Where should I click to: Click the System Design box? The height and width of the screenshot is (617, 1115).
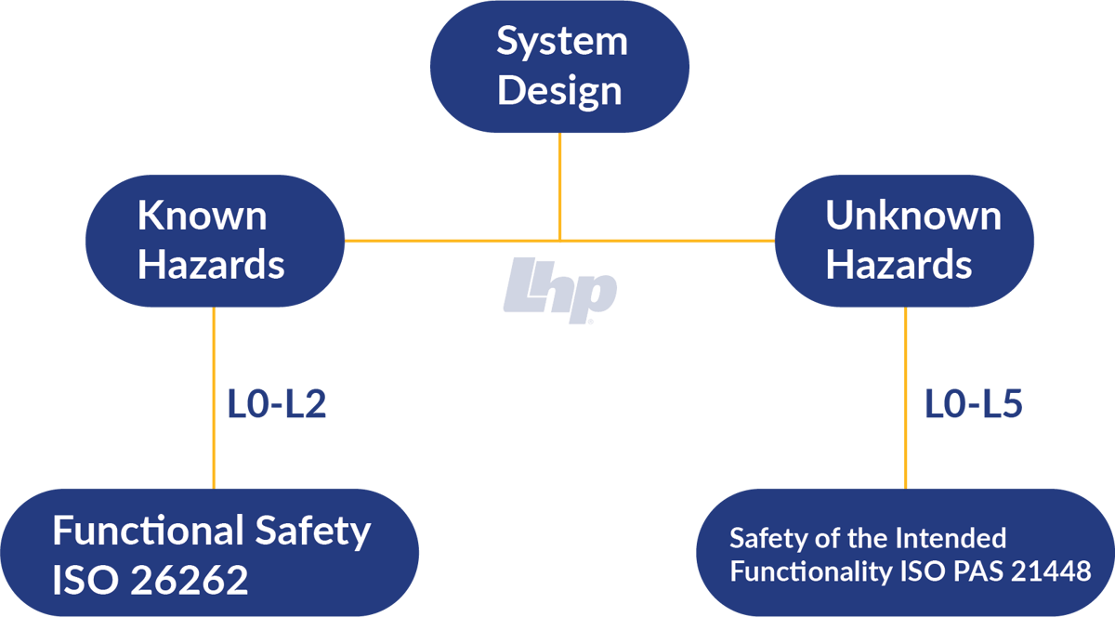tap(559, 67)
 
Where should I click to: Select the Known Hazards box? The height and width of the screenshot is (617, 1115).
tap(214, 241)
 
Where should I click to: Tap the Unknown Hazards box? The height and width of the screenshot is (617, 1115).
tap(904, 241)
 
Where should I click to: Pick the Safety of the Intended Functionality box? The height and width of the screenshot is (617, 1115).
tap(905, 553)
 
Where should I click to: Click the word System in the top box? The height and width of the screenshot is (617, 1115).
tap(561, 42)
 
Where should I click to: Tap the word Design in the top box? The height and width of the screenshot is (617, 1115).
tap(559, 91)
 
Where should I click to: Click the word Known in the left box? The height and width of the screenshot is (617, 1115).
tap(202, 216)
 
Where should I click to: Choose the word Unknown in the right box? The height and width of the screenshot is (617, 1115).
tap(912, 216)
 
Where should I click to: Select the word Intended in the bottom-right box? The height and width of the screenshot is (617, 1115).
tap(949, 538)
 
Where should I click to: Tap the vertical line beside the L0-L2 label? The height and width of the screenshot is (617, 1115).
tap(214, 400)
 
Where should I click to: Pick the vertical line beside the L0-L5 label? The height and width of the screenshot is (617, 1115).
tap(905, 400)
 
